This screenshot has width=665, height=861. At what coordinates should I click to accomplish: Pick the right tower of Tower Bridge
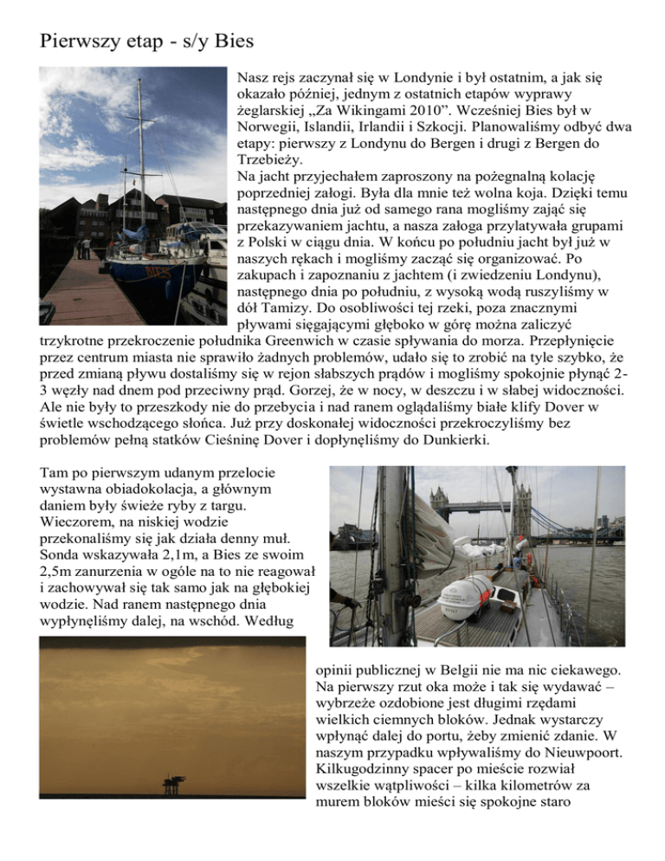(523, 503)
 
